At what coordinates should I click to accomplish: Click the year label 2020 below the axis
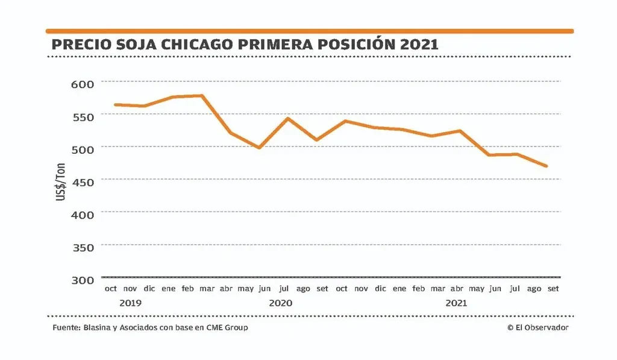point(281,303)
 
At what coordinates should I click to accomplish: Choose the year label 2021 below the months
point(457,303)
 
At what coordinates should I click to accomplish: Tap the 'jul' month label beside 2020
point(284,289)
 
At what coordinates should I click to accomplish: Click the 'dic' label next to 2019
point(149,289)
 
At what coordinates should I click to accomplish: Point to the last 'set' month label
point(553,289)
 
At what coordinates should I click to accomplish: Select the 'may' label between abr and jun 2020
point(245,289)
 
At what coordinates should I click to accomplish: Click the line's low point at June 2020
point(259,148)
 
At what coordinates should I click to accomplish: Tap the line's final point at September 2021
point(547,166)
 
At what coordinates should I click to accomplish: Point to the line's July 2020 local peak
point(288,118)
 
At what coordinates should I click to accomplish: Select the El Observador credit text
point(538,327)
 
